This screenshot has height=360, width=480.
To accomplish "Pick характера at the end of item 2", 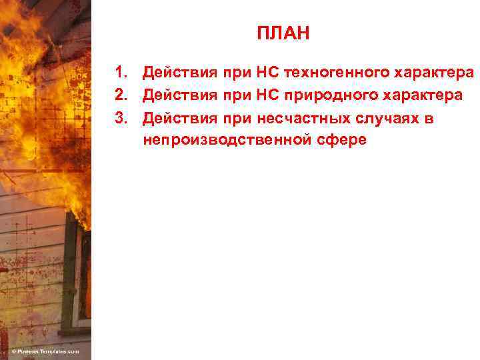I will click(x=428, y=95).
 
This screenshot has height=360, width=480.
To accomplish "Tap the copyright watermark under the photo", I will click(x=45, y=351).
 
